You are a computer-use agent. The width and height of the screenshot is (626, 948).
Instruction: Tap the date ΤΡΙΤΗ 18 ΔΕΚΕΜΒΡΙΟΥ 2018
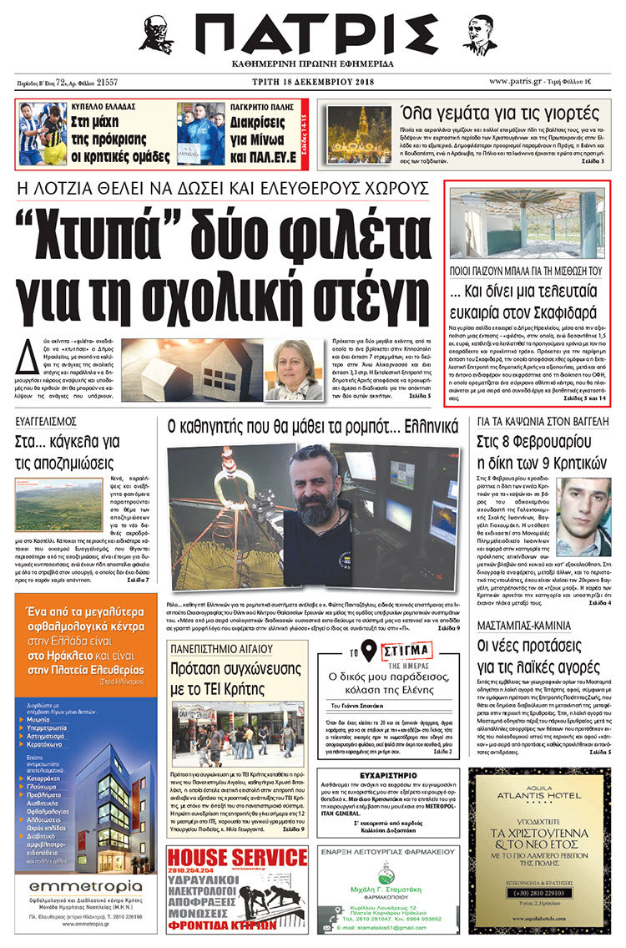(x=313, y=82)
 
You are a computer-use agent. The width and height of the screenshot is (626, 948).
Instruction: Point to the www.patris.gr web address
(x=524, y=82)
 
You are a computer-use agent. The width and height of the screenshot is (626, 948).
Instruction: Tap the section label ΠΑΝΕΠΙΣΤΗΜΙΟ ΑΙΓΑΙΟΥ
(x=219, y=648)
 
